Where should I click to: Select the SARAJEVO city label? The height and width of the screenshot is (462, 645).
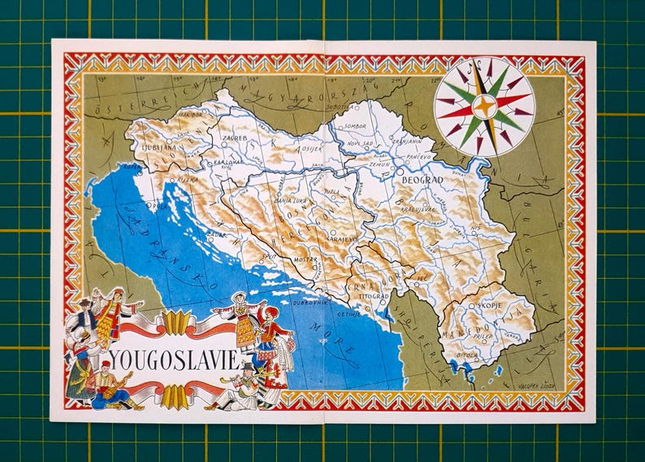click(x=342, y=240)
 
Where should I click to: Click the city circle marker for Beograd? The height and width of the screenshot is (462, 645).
click(x=398, y=172)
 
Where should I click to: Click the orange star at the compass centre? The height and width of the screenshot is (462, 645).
click(x=483, y=106)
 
